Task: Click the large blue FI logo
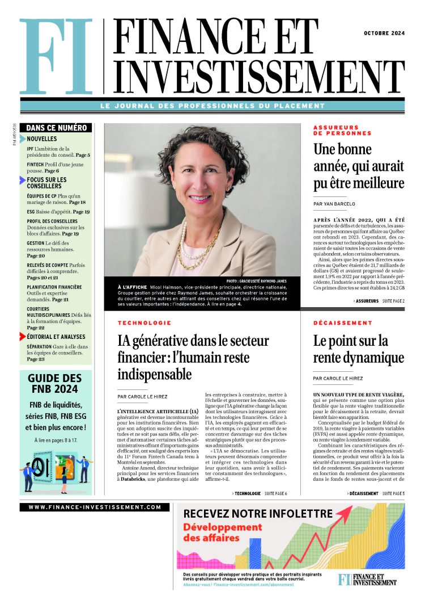[56, 57]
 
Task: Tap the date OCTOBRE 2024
[384, 33]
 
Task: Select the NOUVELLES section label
[42, 139]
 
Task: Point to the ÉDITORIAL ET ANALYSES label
[56, 337]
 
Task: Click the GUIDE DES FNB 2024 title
[55, 383]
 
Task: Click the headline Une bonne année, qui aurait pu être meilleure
[359, 166]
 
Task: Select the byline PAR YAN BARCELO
[334, 204]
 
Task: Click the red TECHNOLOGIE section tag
[144, 323]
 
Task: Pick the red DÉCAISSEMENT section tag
[343, 323]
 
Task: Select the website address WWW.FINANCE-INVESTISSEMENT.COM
[95, 507]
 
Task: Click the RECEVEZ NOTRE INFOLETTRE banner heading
[258, 513]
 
